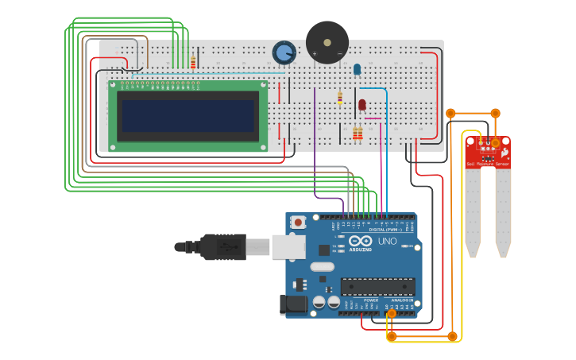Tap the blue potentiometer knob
point(284,53)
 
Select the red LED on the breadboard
point(362,105)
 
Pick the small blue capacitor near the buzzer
point(357,69)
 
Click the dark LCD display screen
point(187,115)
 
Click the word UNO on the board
point(387,241)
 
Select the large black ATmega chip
point(377,286)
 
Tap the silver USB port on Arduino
point(288,246)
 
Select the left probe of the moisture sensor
point(474,211)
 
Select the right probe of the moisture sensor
point(502,211)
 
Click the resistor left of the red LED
point(340,98)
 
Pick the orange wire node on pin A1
point(391,314)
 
